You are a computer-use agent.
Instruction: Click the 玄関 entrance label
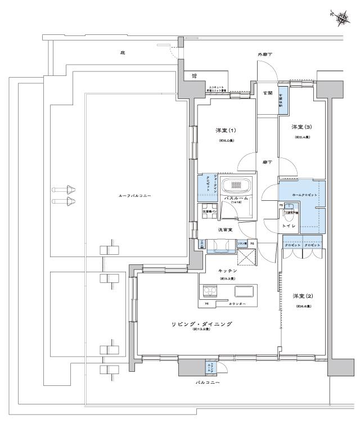267,93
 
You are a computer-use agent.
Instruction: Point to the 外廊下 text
265,55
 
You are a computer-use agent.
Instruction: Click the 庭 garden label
122,53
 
